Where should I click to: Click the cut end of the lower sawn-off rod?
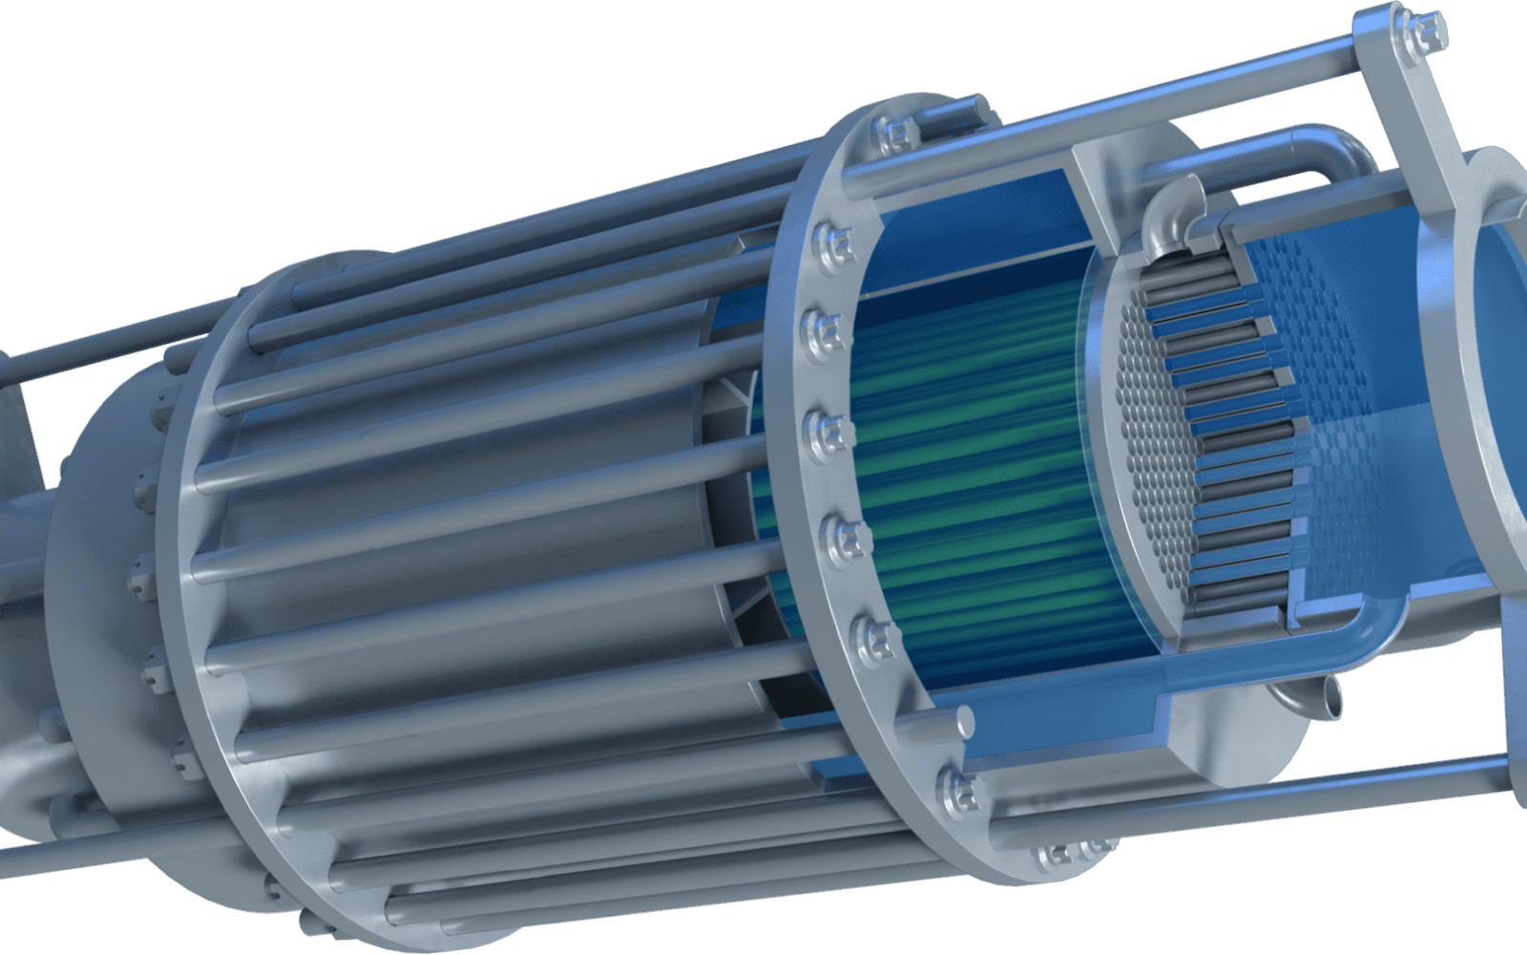point(964,718)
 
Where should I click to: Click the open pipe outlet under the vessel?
point(1327,702)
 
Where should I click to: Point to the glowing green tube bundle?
point(964,458)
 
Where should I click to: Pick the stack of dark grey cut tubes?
point(1231,430)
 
